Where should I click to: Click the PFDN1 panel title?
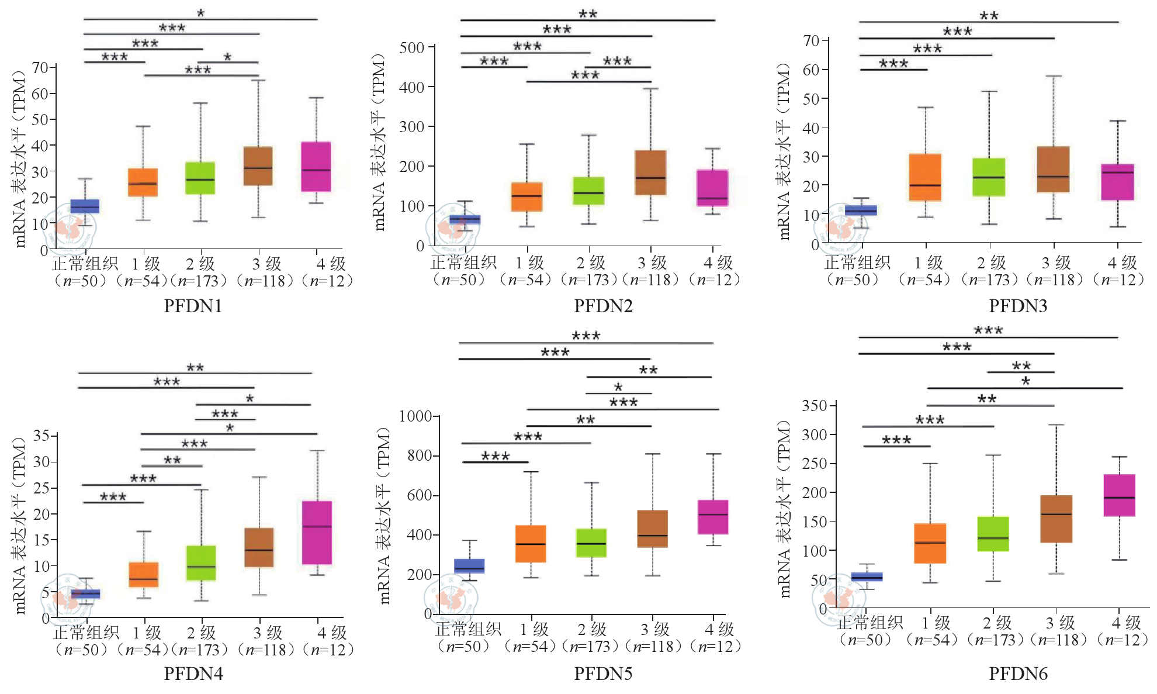click(x=193, y=306)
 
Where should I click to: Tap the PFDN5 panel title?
click(x=603, y=674)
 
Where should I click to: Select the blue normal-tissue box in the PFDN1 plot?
click(x=85, y=206)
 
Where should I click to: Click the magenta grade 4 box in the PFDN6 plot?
click(x=1119, y=495)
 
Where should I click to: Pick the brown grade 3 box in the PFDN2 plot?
click(x=650, y=172)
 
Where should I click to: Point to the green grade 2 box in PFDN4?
click(x=201, y=563)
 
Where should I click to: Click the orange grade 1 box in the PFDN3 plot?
click(x=925, y=177)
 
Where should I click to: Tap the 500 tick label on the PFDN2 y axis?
click(x=412, y=47)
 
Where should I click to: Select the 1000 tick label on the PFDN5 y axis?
click(x=415, y=416)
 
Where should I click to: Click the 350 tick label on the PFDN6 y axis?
click(x=815, y=406)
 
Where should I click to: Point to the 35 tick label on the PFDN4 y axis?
click(x=41, y=436)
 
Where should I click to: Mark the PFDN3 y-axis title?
click(x=784, y=151)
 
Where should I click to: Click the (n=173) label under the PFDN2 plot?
click(x=588, y=280)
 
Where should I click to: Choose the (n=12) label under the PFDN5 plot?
click(x=715, y=646)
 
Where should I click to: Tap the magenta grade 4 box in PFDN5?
click(x=713, y=517)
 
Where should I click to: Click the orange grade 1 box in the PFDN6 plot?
click(x=930, y=543)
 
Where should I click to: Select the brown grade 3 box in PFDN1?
click(x=258, y=166)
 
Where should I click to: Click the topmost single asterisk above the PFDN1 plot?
click(x=201, y=12)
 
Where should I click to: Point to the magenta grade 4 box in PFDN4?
click(x=317, y=533)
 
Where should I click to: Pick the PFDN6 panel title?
click(x=1018, y=674)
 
